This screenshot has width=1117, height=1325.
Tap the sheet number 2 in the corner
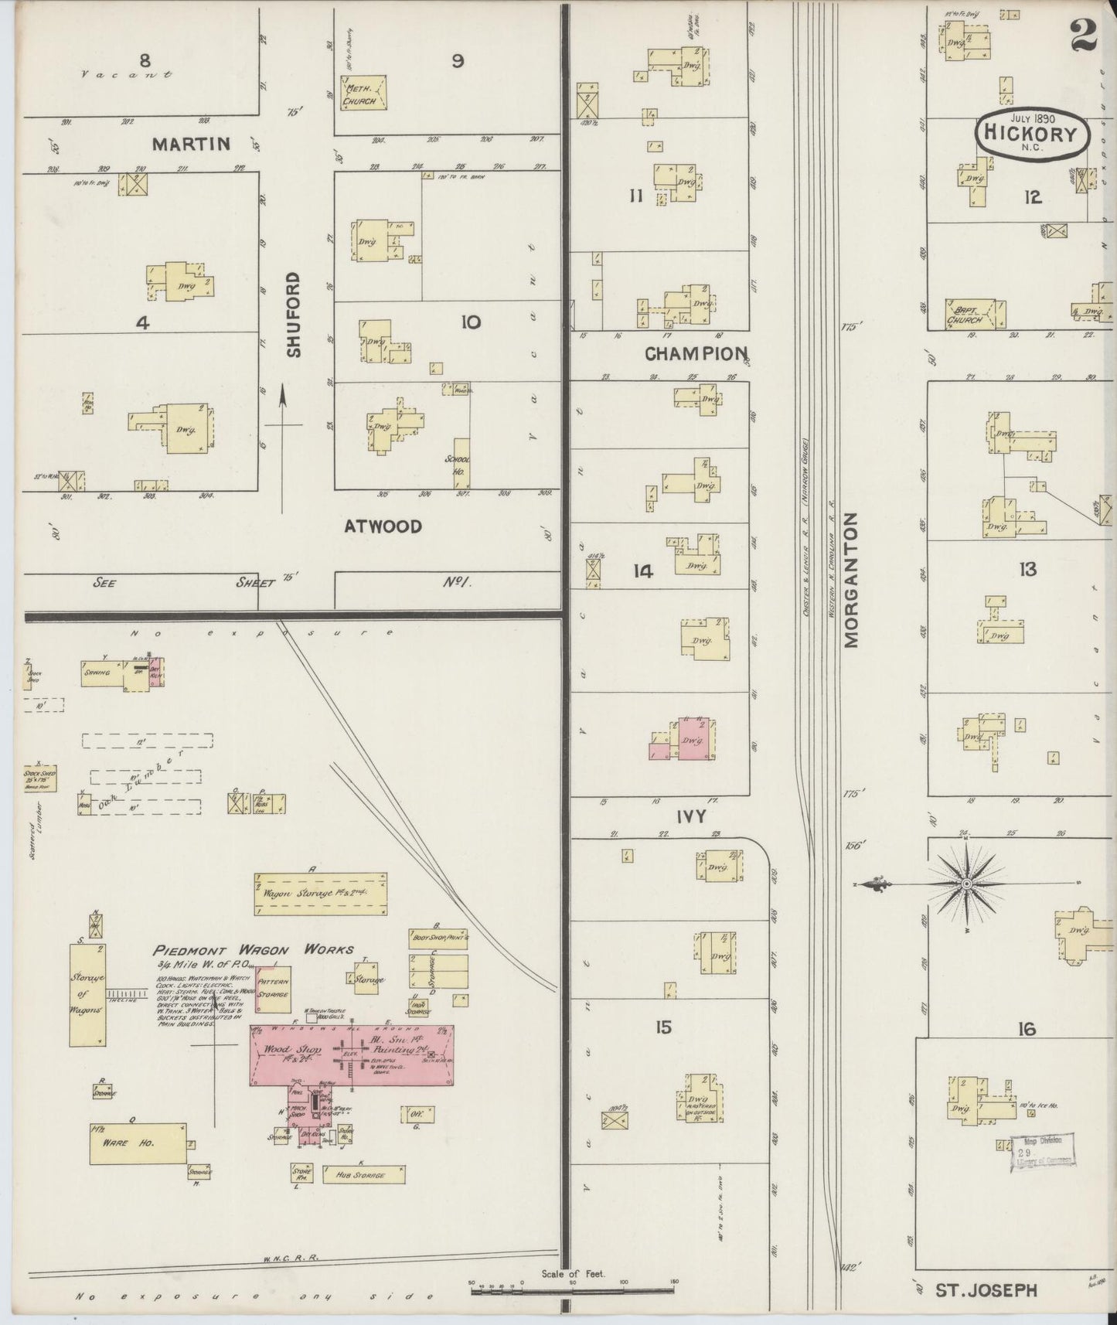[x=1085, y=35]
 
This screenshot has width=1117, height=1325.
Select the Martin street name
[x=190, y=144]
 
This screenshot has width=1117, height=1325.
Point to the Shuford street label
[x=292, y=314]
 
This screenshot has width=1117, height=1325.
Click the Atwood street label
[x=383, y=526]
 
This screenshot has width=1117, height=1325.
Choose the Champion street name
[x=696, y=354]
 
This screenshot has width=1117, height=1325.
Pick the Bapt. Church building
[x=976, y=314]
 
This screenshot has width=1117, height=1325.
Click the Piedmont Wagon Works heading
[x=253, y=950]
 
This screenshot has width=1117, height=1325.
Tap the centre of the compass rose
[x=967, y=883]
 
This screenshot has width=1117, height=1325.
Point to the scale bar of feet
[x=572, y=1289]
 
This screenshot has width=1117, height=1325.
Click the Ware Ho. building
[x=138, y=1143]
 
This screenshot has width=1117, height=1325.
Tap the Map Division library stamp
[x=1040, y=1153]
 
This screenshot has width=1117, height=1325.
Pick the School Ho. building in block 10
[x=461, y=463]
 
